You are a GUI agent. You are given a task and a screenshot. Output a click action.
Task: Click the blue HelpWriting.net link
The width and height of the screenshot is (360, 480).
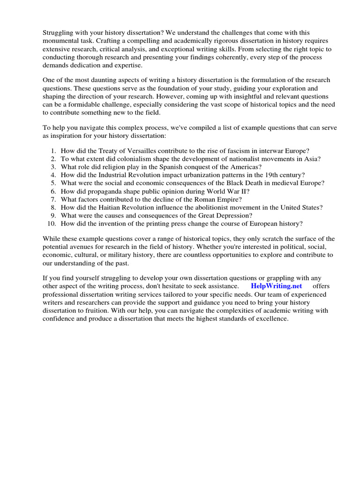(x=277, y=285)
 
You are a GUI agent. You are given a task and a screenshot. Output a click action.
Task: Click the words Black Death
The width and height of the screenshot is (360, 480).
(x=248, y=183)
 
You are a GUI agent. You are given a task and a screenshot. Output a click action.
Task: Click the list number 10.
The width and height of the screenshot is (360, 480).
(x=52, y=223)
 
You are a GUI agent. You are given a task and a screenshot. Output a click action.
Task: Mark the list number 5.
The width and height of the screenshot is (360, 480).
(x=53, y=183)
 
